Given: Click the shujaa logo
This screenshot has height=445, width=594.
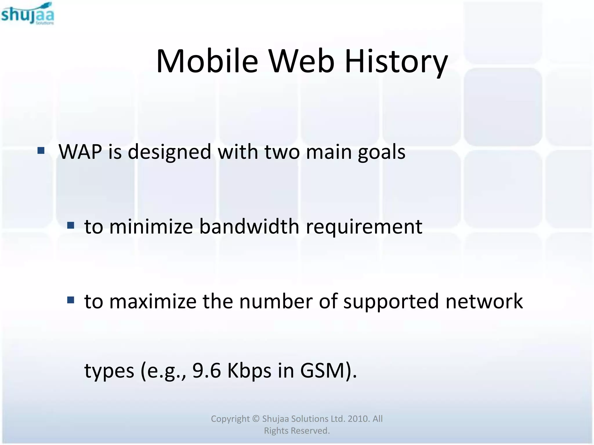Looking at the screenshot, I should tap(28, 14).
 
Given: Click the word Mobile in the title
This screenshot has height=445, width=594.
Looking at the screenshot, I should tap(207, 61).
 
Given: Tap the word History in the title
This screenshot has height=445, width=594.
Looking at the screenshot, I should tap(396, 61).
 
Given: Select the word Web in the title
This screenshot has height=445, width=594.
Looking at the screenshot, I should tap(301, 61).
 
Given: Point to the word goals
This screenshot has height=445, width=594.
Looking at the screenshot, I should tap(381, 152).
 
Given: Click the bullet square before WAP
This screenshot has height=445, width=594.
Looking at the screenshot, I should tap(41, 150).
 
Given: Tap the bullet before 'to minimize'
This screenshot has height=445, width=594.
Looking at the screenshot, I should tap(70, 225).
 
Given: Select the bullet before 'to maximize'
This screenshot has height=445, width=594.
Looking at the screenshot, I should tap(70, 300).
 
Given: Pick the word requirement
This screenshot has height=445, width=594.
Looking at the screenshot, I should tap(364, 227).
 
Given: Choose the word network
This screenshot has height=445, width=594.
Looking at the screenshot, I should tap(484, 301).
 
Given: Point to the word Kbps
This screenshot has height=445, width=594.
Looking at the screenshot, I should tap(249, 371).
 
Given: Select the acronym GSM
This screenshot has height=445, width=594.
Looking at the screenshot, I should tap(321, 371).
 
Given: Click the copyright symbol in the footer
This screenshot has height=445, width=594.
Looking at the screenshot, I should tap(256, 419).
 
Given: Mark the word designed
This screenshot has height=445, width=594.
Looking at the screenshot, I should tap(169, 152).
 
